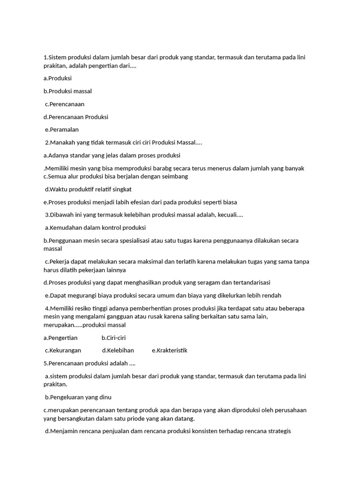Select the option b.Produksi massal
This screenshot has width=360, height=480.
pyautogui.click(x=67, y=91)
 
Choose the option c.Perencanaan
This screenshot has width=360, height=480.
pyautogui.click(x=65, y=104)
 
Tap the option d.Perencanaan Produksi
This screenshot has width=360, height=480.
pyautogui.click(x=75, y=117)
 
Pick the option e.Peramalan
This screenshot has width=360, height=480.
pyautogui.click(x=62, y=129)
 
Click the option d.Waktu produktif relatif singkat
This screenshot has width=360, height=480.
pyautogui.click(x=88, y=189)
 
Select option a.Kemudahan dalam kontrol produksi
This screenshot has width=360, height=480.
pyautogui.click(x=95, y=228)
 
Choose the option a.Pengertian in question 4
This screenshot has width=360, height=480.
pyautogui.click(x=60, y=337)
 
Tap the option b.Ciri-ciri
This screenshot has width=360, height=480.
pyautogui.click(x=113, y=337)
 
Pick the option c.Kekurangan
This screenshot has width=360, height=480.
pyautogui.click(x=63, y=350)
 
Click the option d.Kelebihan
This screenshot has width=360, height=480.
pyautogui.click(x=118, y=350)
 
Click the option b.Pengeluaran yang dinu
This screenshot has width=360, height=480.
pyautogui.click(x=78, y=397)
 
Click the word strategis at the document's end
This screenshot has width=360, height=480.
pyautogui.click(x=277, y=431)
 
